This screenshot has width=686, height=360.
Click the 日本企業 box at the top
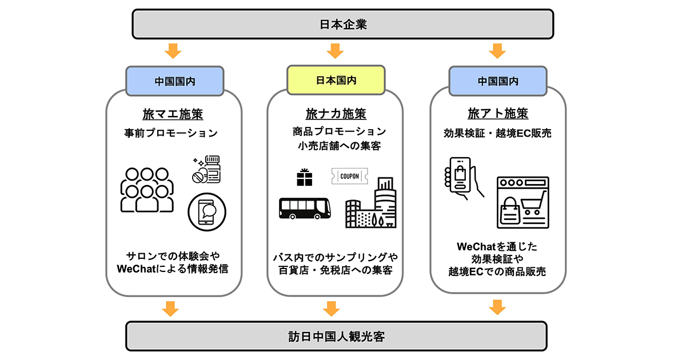pos(342,24)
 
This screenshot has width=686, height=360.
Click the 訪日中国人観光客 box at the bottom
pos(336,336)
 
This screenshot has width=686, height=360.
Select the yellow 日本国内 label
pos(336,80)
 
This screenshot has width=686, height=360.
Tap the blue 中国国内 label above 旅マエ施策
pos(174,81)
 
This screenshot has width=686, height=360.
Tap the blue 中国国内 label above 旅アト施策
pos(498,81)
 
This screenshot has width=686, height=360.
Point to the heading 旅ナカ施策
pos(336,114)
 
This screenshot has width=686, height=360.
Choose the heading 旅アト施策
pos(498,114)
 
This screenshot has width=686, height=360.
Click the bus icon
pos(304,208)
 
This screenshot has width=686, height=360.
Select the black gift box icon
pos(305,178)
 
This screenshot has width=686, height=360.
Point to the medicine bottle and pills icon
pos(206,170)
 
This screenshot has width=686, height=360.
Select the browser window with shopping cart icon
pos(523,202)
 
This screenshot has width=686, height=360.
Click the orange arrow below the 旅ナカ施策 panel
pos(332,309)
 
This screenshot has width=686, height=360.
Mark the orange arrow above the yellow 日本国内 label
pos(335,51)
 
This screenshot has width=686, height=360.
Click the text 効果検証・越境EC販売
pos(498,133)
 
